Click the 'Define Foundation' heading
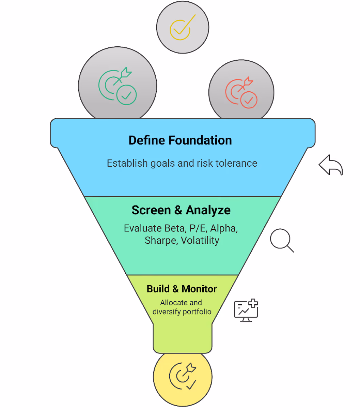[x=180, y=140]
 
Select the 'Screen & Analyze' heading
[x=181, y=210]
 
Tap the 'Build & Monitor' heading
[x=182, y=289]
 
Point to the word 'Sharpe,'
[x=161, y=240]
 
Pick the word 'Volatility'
[x=200, y=240]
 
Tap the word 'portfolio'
[x=197, y=312]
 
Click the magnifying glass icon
[x=282, y=240]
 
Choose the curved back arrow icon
[x=331, y=165]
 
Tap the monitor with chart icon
[x=246, y=310]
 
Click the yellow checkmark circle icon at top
[x=183, y=27]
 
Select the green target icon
[x=118, y=86]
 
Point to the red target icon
[x=241, y=92]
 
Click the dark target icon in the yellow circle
[x=183, y=376]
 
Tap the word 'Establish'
[x=127, y=163]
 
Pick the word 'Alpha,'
[x=224, y=228]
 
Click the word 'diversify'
[x=167, y=312]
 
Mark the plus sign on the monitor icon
[x=253, y=303]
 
